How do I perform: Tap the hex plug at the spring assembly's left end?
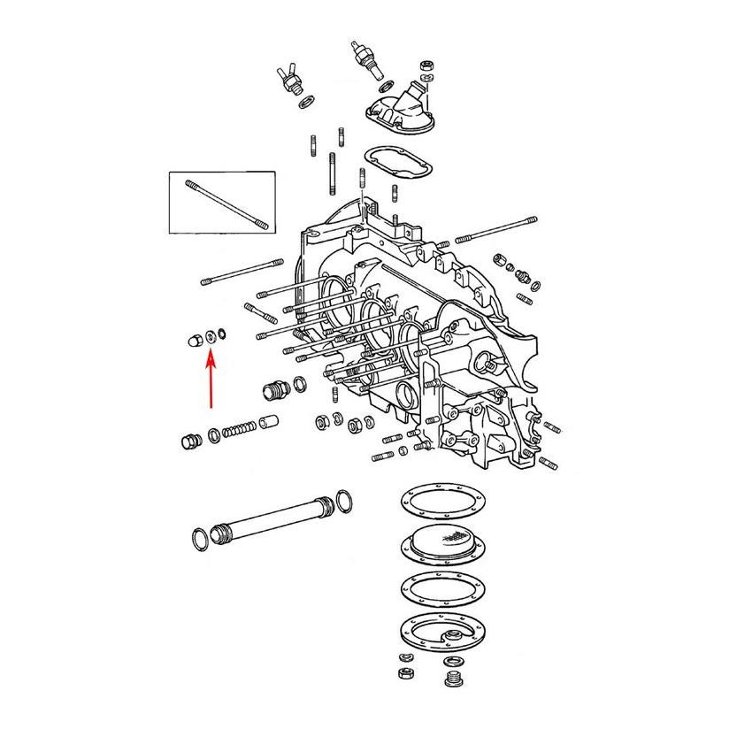pos(188,441)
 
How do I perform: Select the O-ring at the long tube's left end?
pos(201,539)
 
